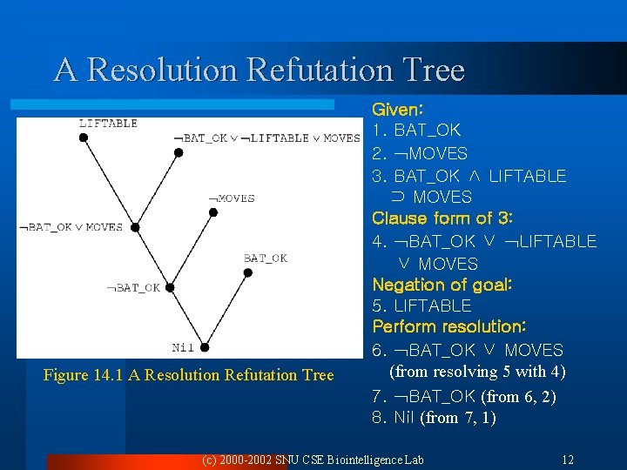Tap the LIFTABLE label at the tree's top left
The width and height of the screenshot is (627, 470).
[108, 124]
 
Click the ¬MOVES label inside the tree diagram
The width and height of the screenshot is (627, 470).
[231, 198]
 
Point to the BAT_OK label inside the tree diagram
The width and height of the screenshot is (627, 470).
[266, 258]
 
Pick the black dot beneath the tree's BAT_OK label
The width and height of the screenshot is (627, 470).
[248, 272]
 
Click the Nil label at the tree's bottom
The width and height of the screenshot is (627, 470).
[183, 347]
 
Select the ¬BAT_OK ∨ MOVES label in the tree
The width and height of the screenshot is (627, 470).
[71, 227]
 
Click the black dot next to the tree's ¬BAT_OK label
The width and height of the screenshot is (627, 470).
[171, 287]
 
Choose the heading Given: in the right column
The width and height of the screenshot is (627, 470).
[398, 111]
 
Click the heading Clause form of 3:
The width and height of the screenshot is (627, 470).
[442, 218]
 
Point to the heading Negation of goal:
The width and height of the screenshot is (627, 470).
[442, 284]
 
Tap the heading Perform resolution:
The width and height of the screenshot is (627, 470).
[448, 326]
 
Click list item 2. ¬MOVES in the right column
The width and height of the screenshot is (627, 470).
[420, 154]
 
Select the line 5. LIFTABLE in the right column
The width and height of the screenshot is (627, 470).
[421, 305]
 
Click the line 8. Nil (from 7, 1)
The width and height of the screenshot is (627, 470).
[434, 418]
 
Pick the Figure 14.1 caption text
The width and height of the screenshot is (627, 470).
[189, 375]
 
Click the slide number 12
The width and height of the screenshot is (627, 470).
[567, 459]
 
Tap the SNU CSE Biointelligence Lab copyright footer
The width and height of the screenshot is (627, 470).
[312, 459]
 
